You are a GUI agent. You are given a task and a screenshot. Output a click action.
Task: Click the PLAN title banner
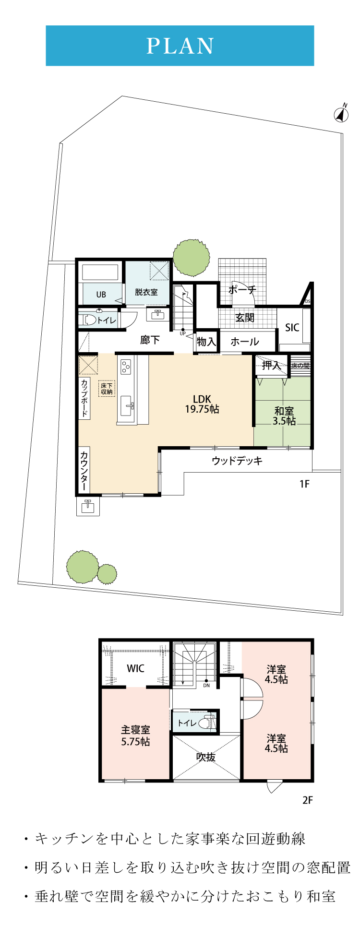180,46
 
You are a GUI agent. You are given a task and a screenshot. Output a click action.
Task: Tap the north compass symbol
341,113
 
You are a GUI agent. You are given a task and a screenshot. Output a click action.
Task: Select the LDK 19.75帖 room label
202,404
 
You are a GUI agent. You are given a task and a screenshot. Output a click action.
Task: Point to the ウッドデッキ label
237,461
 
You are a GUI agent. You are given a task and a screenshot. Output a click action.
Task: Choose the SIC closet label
292,327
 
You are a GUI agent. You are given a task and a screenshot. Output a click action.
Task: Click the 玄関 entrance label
245,318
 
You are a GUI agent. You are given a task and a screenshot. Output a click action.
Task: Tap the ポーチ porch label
242,290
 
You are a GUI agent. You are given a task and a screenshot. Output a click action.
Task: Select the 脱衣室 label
146,292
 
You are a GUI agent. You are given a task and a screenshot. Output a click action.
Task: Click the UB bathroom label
101,295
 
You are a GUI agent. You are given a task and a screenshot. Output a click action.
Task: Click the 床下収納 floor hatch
107,389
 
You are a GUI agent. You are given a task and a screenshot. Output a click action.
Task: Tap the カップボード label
84,398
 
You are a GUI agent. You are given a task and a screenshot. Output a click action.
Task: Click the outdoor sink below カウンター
88,506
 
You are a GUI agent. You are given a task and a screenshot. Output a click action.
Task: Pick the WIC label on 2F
135,668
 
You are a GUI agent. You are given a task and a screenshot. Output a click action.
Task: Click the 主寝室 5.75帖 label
135,736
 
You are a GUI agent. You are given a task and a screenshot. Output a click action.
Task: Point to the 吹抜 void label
206,757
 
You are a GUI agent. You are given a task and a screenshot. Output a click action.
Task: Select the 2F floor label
308,800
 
